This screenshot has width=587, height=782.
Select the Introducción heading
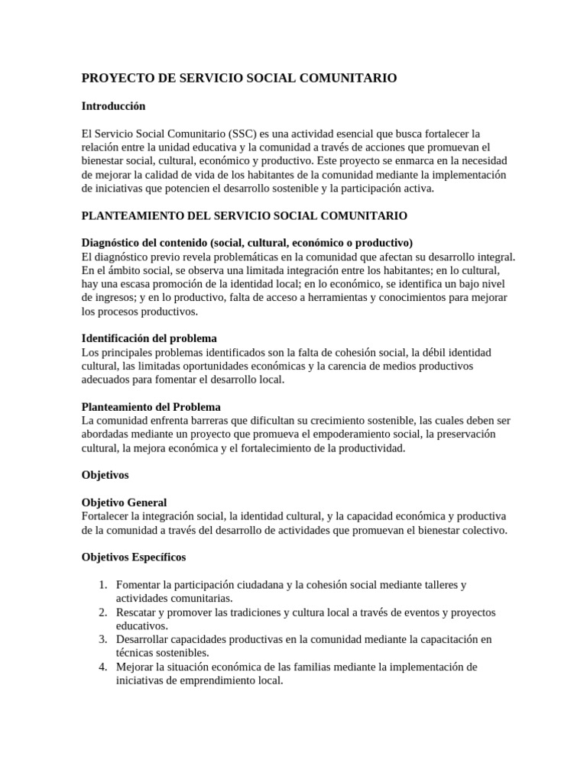click(x=113, y=106)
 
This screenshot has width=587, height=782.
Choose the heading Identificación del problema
click(x=149, y=338)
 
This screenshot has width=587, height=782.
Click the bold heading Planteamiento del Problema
click(x=151, y=407)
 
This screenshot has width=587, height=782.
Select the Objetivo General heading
click(x=124, y=502)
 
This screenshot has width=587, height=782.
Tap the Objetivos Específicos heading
click(x=133, y=557)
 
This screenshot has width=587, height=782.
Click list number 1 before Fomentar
click(x=104, y=585)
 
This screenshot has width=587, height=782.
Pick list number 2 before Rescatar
click(x=104, y=612)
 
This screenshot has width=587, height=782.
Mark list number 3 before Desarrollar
click(x=104, y=639)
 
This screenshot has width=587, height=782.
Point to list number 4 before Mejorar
click(x=104, y=667)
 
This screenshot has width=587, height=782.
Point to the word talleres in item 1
click(x=431, y=585)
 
